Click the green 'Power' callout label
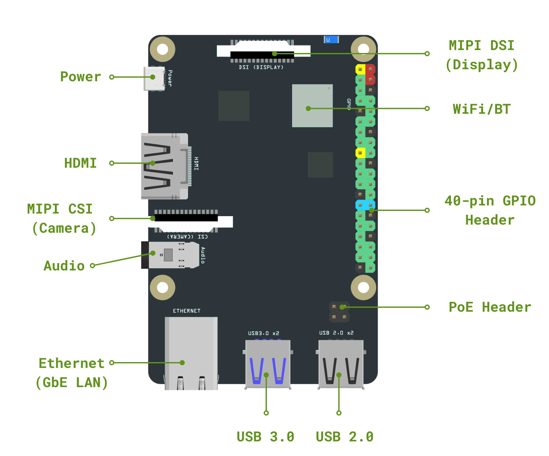(81, 77)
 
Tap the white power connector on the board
(154, 78)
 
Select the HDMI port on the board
(164, 166)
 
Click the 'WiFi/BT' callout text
(481, 109)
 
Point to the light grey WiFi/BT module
(312, 106)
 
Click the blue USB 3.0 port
(268, 364)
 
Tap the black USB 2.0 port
(341, 364)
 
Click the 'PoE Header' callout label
(490, 307)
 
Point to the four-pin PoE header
(339, 312)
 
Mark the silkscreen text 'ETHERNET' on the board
(187, 311)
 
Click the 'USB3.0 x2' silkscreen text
(264, 333)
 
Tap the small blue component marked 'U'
(331, 40)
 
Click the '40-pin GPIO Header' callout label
(490, 210)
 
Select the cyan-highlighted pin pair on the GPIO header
(365, 205)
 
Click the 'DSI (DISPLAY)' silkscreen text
(261, 67)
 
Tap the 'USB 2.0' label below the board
(344, 437)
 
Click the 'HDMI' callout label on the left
(81, 163)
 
